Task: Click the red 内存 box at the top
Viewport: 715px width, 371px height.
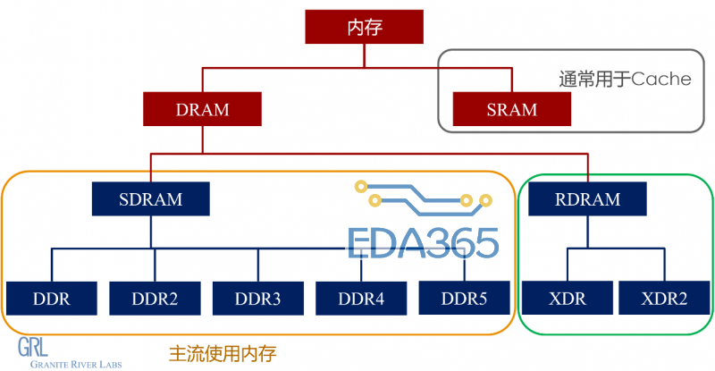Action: (365, 27)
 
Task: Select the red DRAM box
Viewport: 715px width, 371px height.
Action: (202, 110)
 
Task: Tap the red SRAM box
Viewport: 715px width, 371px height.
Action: (512, 110)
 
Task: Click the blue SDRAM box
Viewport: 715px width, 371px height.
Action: (150, 198)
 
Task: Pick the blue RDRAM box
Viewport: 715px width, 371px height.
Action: (587, 198)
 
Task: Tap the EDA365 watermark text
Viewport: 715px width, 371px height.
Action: (422, 243)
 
